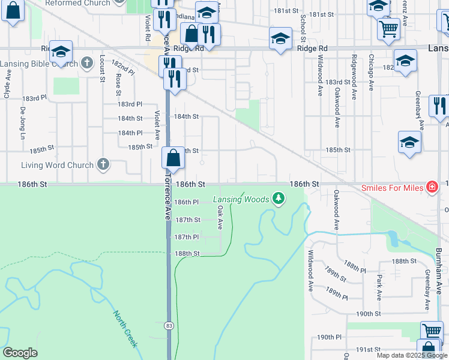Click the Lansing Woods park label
point(242,199)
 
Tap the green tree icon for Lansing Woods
point(278,197)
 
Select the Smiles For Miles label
point(392,187)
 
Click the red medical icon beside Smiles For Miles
point(431,187)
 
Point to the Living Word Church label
point(57,165)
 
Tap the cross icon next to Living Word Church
point(103,164)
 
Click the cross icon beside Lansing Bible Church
point(87,62)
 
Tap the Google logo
point(20,353)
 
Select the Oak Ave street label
point(220,217)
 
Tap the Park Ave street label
point(379,287)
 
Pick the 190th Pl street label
point(329,337)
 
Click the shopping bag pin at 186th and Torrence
point(173,159)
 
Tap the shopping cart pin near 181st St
point(389,28)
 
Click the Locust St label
point(102,68)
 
